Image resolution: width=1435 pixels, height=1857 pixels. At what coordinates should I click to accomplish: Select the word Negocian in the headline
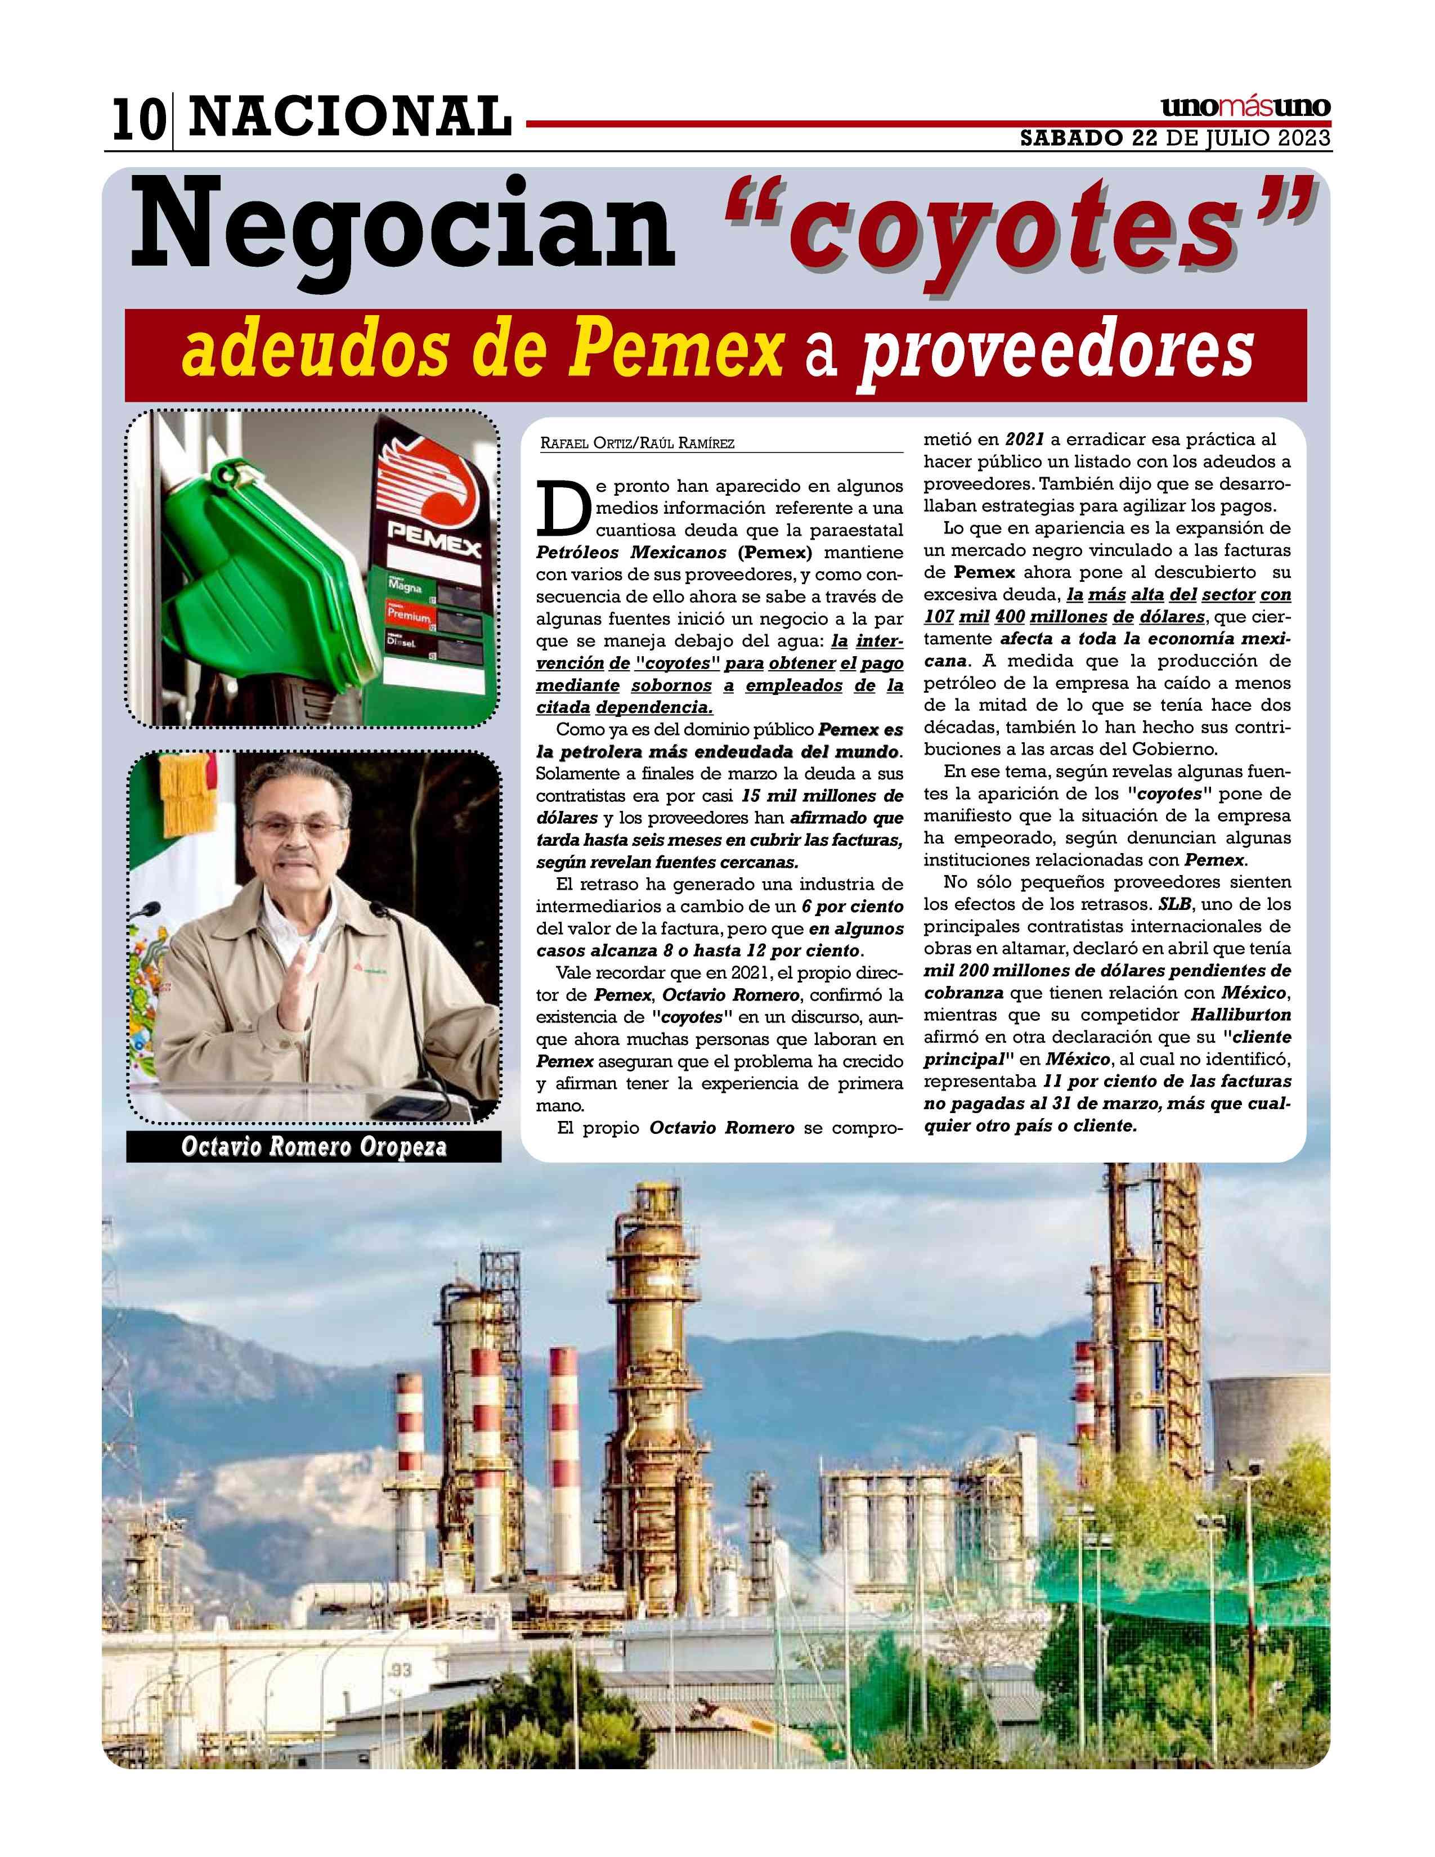pos(399,230)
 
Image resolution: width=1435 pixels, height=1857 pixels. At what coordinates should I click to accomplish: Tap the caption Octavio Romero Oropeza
pos(313,1148)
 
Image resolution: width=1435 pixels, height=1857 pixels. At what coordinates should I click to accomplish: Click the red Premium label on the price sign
pos(408,613)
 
